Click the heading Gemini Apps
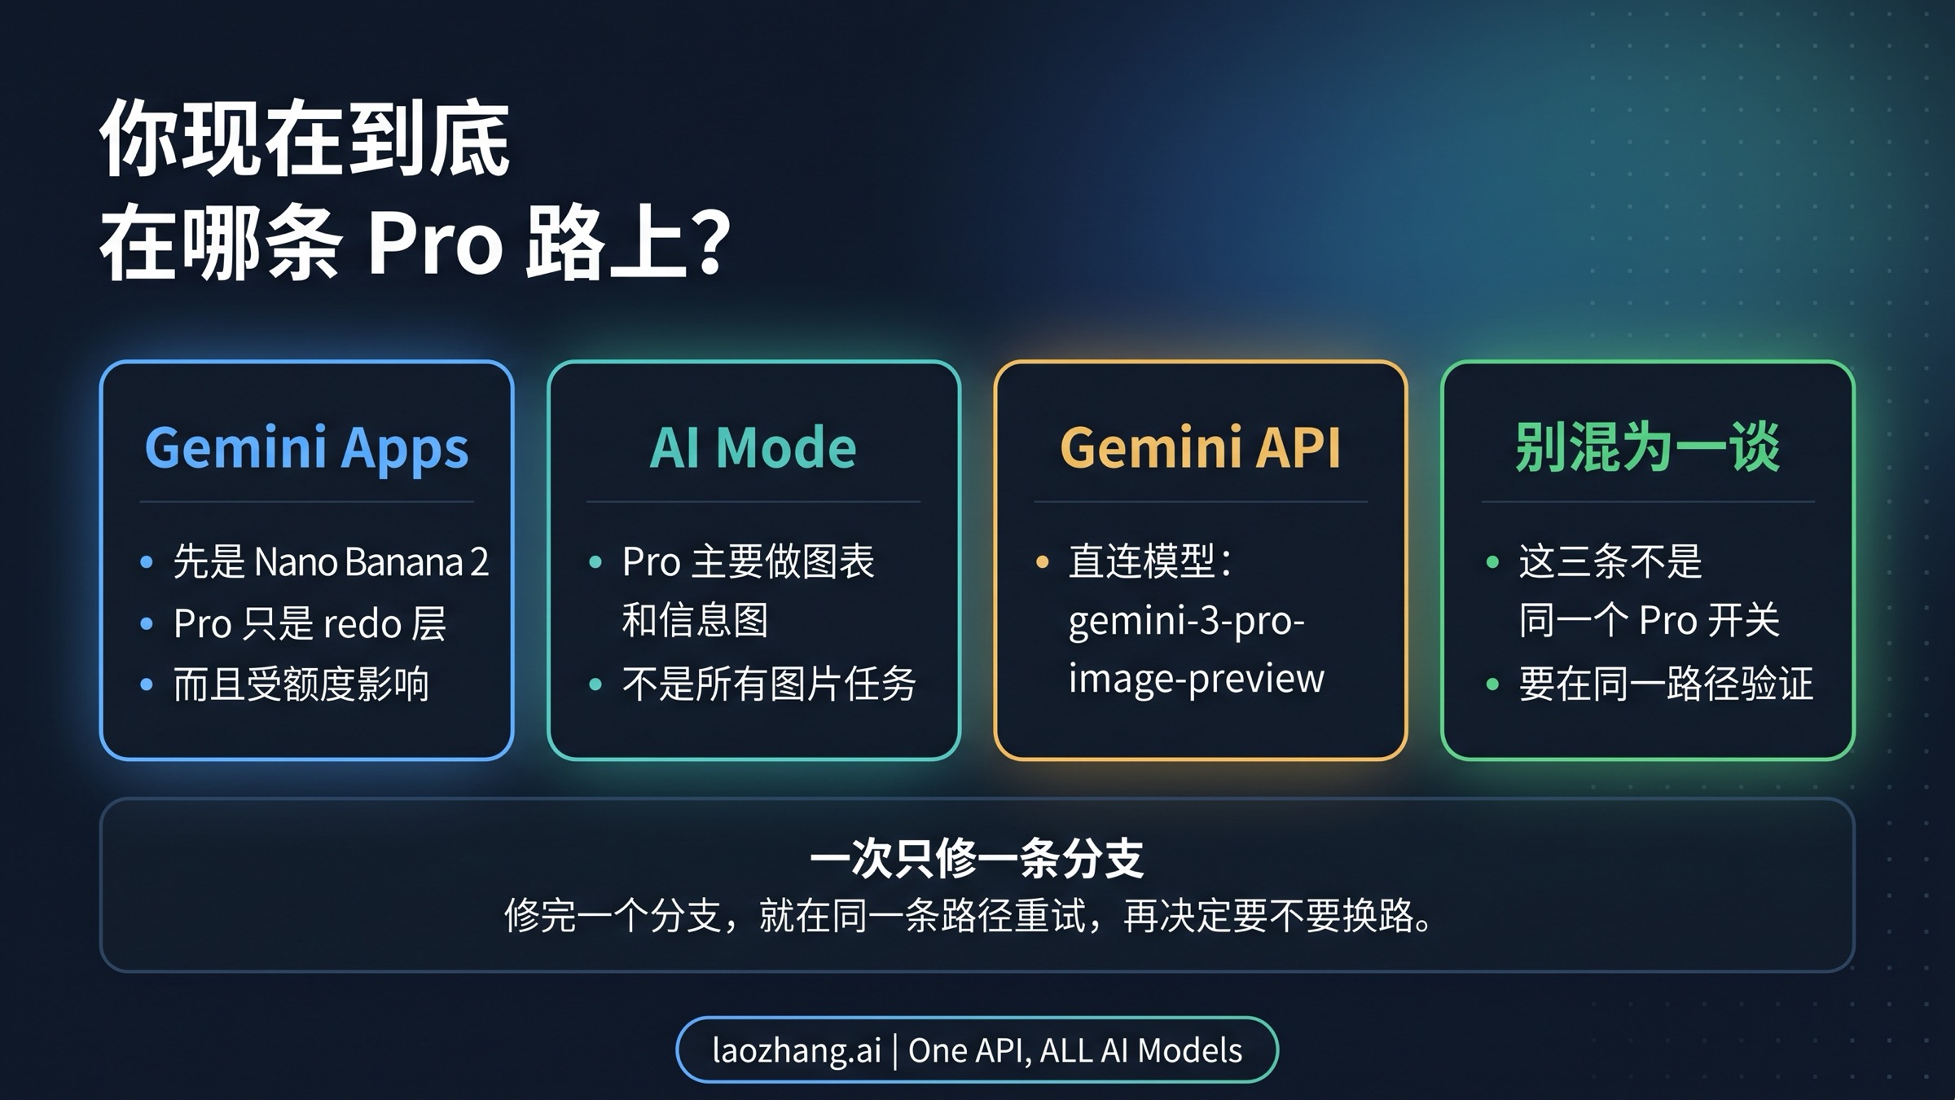click(x=306, y=448)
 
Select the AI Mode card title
click(x=753, y=448)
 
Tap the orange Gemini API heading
click(x=1200, y=448)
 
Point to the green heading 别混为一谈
click(x=1647, y=448)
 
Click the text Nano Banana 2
click(x=371, y=562)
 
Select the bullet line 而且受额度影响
click(x=301, y=684)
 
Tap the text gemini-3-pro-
click(x=1186, y=622)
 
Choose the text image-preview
click(x=1196, y=679)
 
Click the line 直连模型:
click(x=1150, y=561)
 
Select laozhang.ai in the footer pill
click(x=796, y=1050)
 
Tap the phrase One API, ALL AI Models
click(x=1075, y=1050)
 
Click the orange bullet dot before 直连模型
click(x=1042, y=561)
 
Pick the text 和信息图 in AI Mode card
click(x=695, y=621)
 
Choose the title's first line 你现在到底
click(x=305, y=139)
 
